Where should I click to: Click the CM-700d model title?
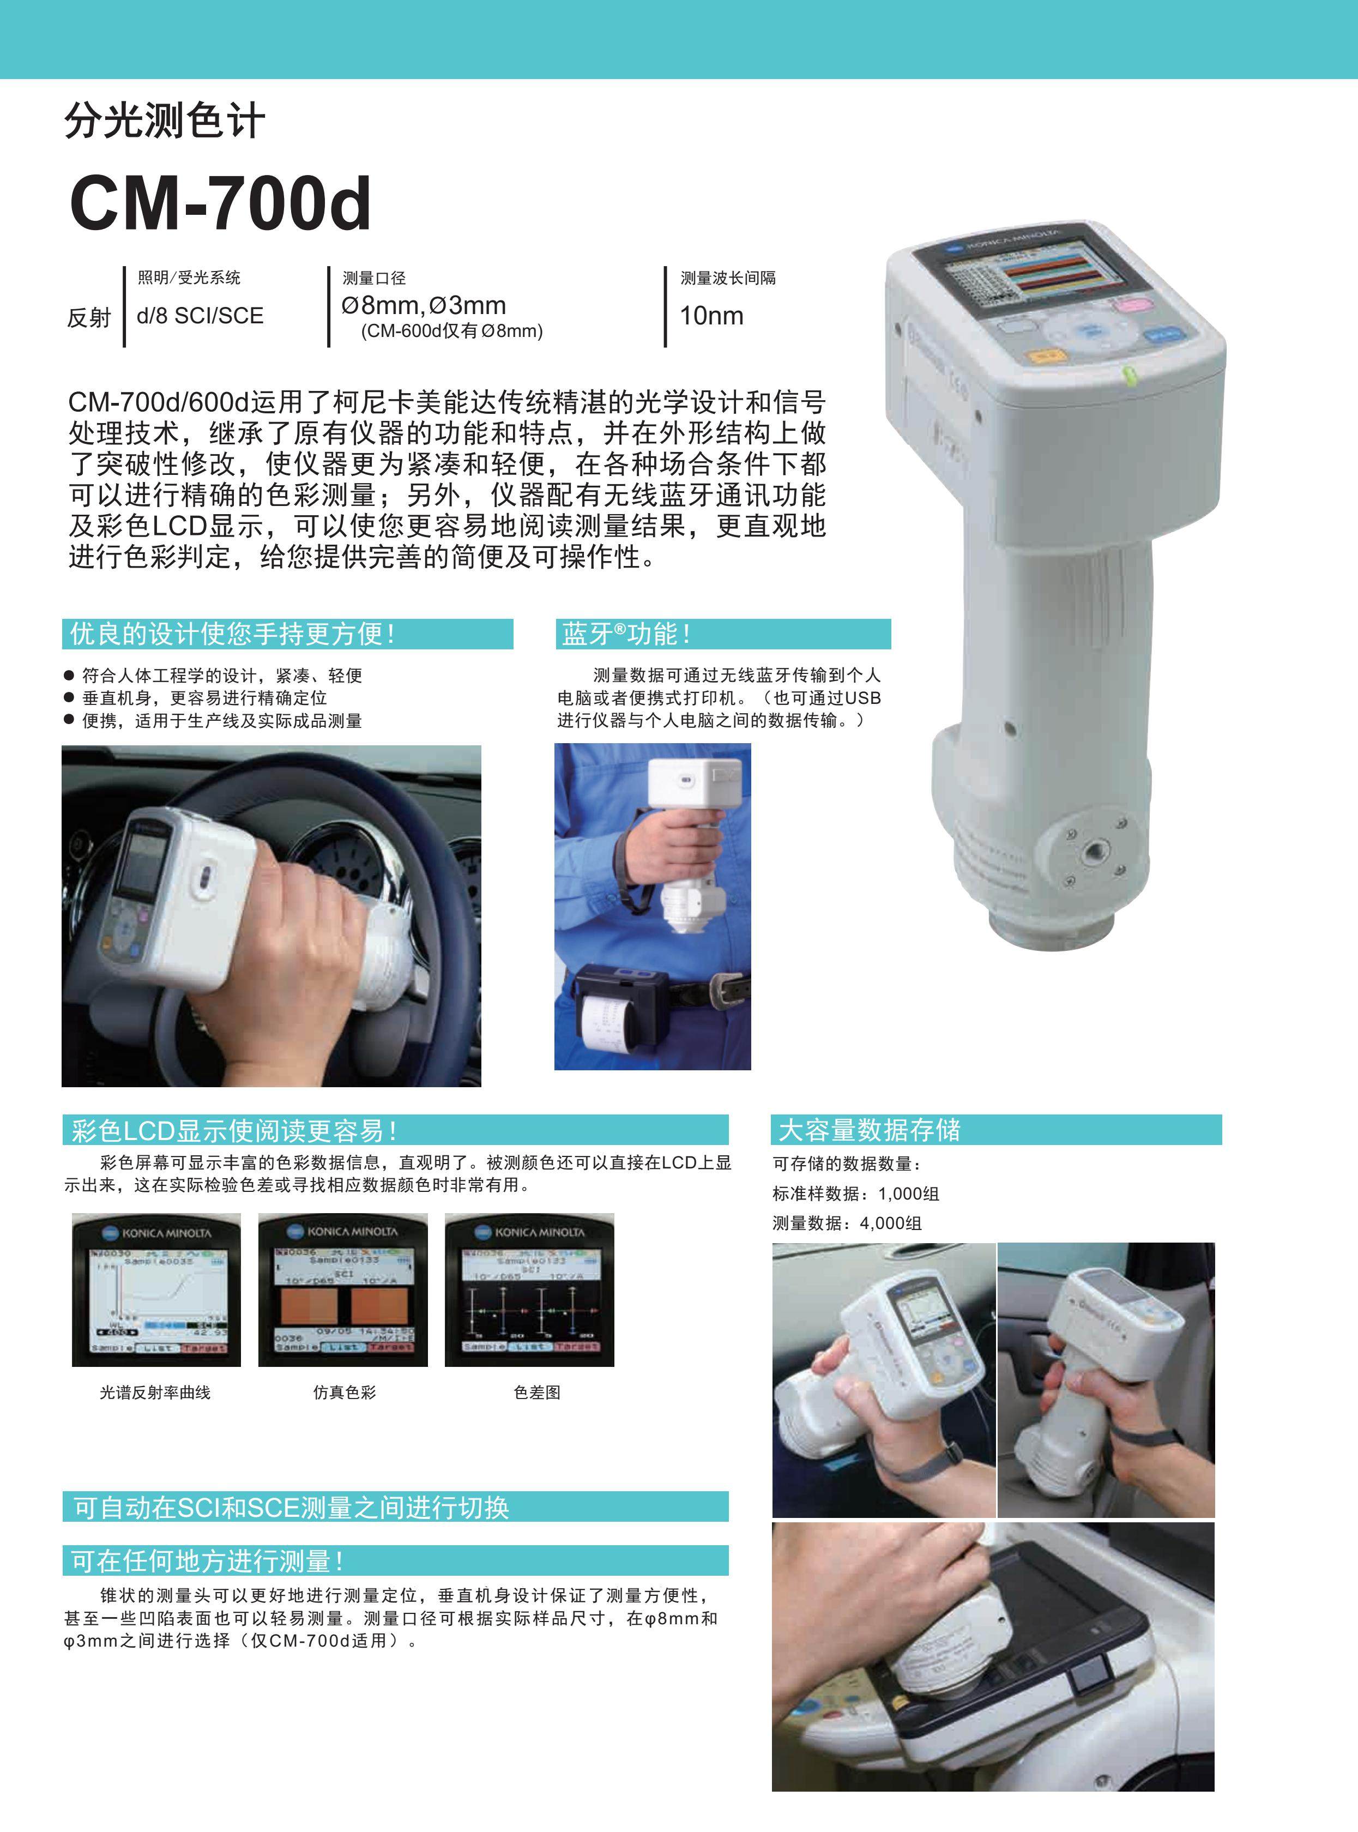click(220, 204)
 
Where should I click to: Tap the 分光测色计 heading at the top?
click(165, 121)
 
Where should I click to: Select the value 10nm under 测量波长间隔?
click(711, 316)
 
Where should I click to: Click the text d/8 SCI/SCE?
click(200, 316)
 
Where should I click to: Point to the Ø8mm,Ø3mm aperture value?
click(424, 305)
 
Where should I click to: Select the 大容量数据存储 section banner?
click(995, 1130)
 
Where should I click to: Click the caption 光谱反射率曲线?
click(155, 1392)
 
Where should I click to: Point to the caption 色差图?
click(537, 1392)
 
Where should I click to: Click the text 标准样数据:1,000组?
click(855, 1193)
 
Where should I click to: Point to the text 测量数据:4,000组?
click(847, 1223)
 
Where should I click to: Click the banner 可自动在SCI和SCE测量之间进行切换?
click(395, 1507)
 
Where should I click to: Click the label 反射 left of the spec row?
click(89, 317)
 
